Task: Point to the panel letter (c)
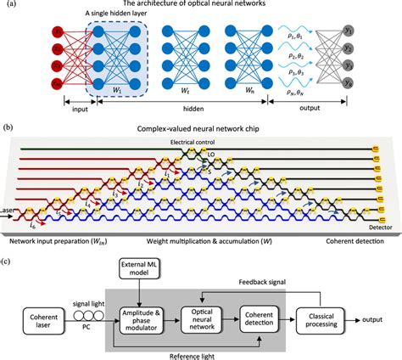(x=8, y=247)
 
